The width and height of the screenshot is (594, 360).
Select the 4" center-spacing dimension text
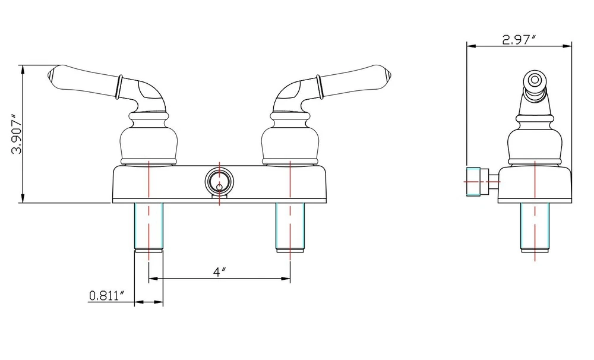pos(219,271)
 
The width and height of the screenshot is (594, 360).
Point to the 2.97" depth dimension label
pos(519,39)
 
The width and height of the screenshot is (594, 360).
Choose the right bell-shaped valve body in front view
pos(290,138)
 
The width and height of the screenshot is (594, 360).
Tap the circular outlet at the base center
pos(219,182)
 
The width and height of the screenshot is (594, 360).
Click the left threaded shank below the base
pos(148,227)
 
